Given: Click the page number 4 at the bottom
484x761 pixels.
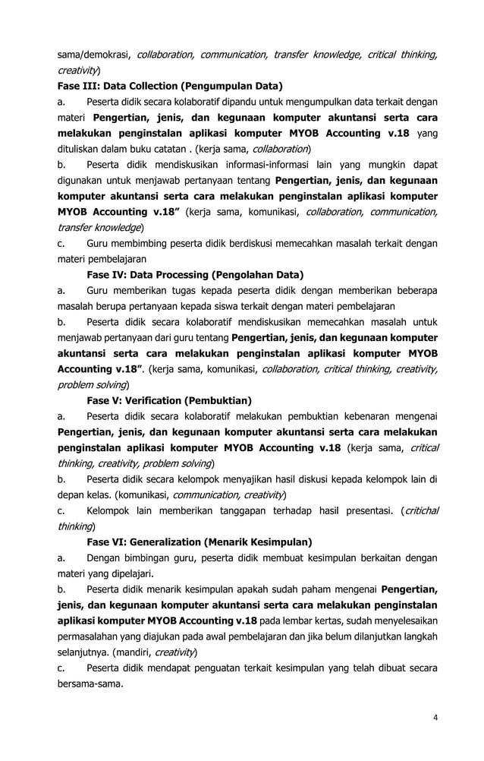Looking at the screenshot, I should coord(435,718).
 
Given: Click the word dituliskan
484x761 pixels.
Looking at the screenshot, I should coord(83,148).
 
